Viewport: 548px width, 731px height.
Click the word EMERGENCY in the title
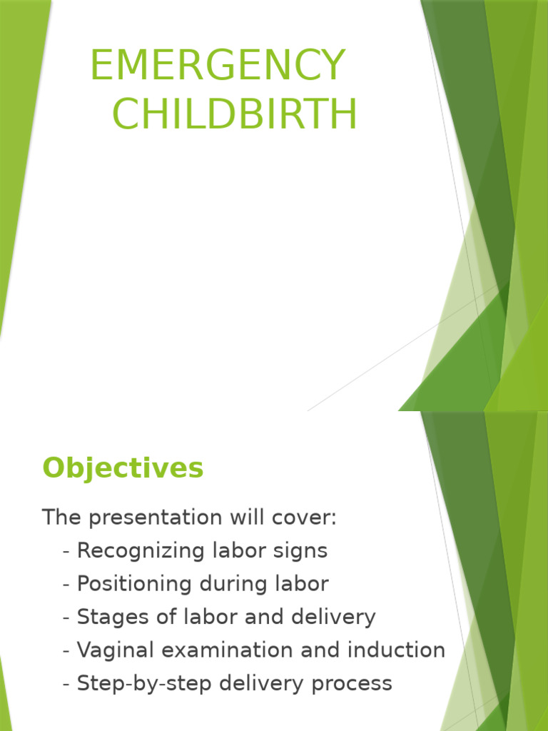click(x=218, y=66)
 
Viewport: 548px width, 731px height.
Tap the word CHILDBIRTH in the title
click(x=235, y=115)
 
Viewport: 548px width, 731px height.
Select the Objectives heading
click(x=123, y=468)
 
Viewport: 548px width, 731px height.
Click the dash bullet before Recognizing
click(x=66, y=552)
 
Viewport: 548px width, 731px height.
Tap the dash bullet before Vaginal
click(x=66, y=651)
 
